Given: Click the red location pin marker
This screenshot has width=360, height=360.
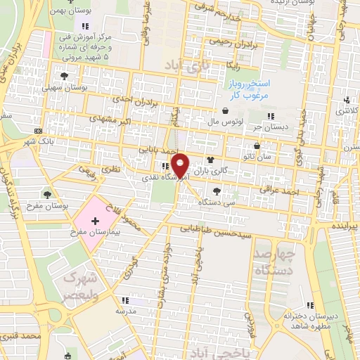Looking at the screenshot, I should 181,165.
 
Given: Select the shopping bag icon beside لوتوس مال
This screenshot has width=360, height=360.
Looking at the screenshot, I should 225,111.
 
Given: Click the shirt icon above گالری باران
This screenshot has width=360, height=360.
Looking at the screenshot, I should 210,160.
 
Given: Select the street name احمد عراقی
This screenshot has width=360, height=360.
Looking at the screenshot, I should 275,189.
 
